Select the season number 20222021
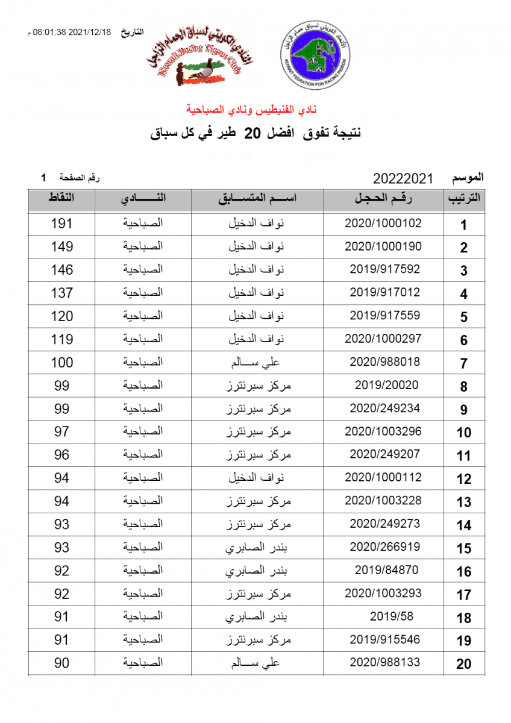pos(403,178)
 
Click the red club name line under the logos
pos(255,110)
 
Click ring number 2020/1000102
pos(383,223)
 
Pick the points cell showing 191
pos(61,224)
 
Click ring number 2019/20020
pos(386,385)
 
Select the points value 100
pos(61,362)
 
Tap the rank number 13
pos(463,502)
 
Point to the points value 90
pos(61,663)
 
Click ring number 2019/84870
pos(386,570)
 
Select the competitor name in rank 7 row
pos(257,362)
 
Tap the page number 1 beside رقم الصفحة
pos(43,178)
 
